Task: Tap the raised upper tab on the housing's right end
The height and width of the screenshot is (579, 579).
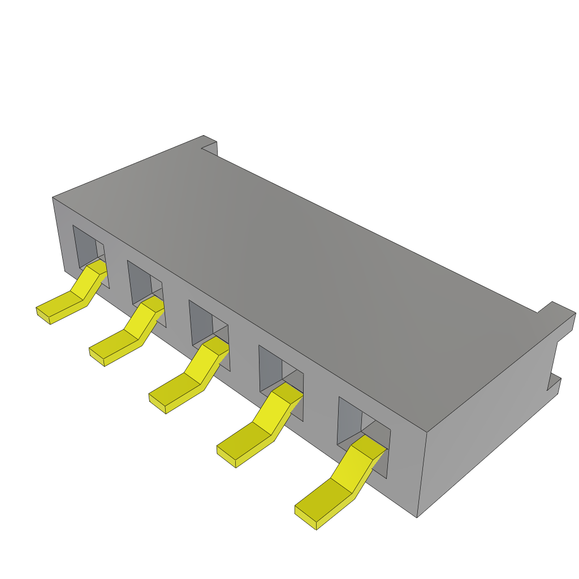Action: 560,314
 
